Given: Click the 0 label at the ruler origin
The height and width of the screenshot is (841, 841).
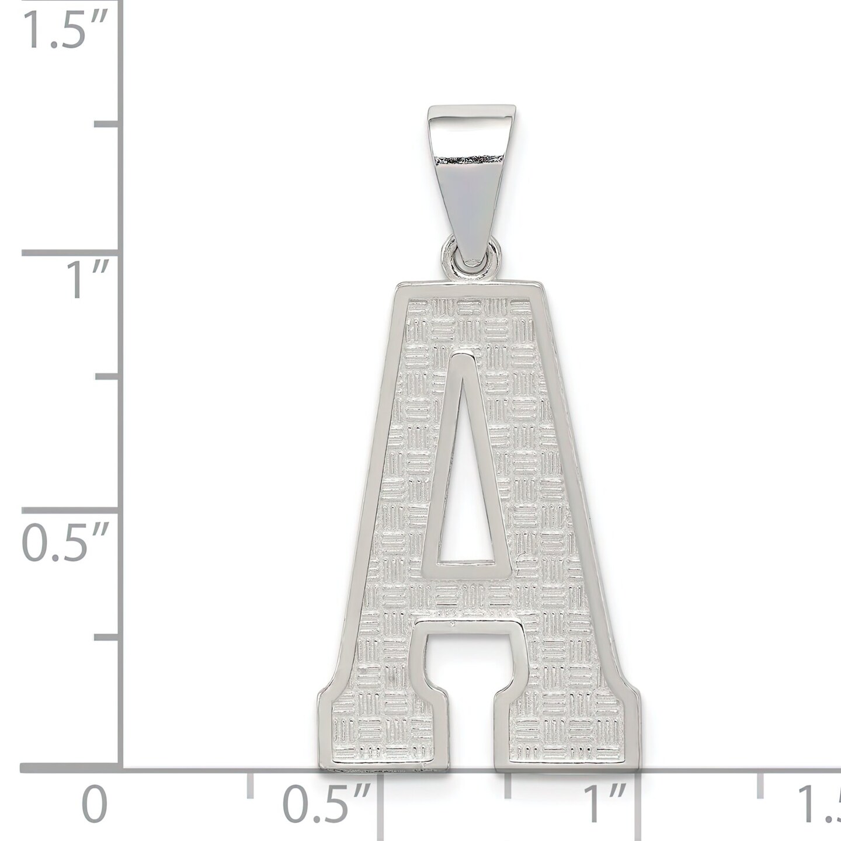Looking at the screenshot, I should pos(95,805).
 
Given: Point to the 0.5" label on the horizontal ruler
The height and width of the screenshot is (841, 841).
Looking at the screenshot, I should pos(327,805).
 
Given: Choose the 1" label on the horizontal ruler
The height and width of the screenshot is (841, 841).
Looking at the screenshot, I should pos(607,805).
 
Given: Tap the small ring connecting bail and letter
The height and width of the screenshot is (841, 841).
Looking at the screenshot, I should pos(471,266).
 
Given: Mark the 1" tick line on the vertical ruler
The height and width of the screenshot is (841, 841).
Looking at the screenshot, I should pos(70,253).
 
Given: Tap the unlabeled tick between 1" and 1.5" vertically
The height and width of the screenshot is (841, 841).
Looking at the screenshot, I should pos(108,124).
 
